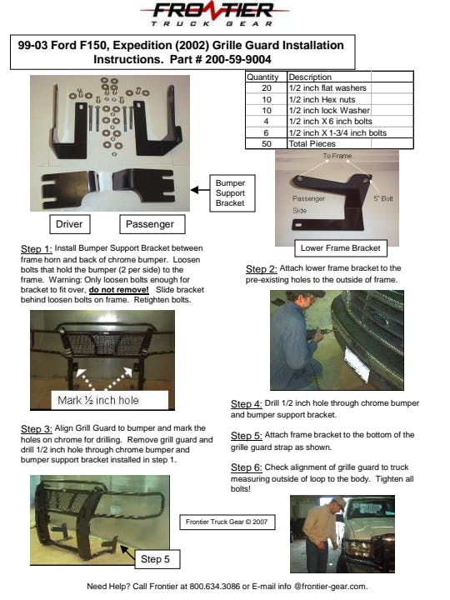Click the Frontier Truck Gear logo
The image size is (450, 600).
tap(214, 14)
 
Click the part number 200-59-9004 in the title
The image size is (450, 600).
tap(238, 60)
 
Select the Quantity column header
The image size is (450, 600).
tap(262, 77)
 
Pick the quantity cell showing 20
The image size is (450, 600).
tap(267, 88)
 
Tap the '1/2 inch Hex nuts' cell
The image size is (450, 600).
tap(322, 99)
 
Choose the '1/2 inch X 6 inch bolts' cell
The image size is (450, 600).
tap(330, 122)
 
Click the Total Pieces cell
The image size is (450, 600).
tap(312, 144)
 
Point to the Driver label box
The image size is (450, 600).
tap(70, 224)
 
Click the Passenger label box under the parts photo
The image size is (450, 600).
tap(152, 224)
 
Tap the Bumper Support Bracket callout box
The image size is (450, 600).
tap(232, 193)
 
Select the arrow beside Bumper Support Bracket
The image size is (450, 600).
tap(200, 190)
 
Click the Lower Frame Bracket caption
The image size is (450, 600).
tap(341, 248)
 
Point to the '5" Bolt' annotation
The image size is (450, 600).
tap(383, 198)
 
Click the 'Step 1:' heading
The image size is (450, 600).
tap(37, 249)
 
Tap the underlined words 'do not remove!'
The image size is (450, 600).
tap(118, 290)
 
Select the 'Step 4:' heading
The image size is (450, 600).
tap(246, 404)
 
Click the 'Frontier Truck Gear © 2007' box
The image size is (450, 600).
tap(227, 522)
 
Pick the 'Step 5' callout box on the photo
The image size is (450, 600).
tap(157, 559)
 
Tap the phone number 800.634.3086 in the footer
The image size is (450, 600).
tap(215, 586)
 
